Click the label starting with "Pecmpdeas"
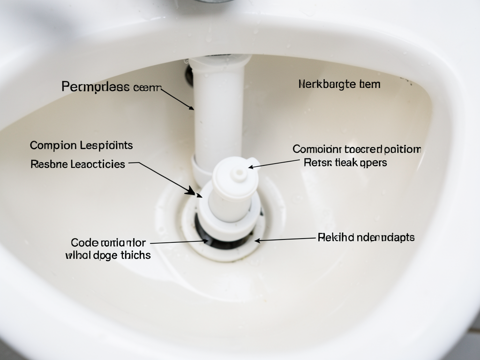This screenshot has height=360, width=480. click(112, 87)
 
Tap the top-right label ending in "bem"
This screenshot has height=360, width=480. click(339, 84)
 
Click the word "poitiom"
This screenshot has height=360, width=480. click(403, 150)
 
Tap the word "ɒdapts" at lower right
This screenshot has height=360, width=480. click(397, 238)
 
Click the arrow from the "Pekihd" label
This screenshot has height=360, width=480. click(284, 239)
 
